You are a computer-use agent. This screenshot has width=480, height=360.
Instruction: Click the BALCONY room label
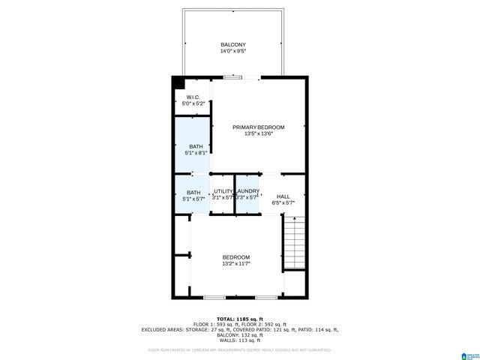tap(232, 45)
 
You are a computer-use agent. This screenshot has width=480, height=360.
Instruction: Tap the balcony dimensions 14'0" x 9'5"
tap(232, 52)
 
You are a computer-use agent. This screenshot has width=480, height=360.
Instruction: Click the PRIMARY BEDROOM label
tap(258, 127)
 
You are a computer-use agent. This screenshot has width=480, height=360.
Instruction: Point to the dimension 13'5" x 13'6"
tap(258, 134)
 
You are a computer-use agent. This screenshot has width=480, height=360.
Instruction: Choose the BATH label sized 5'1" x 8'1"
tap(195, 146)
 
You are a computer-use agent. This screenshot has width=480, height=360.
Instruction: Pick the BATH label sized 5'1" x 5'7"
tap(193, 192)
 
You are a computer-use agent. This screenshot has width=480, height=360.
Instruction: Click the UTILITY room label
tap(223, 192)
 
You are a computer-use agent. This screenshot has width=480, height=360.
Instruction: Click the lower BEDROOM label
tap(235, 257)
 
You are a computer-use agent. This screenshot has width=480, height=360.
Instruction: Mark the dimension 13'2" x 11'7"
tap(235, 264)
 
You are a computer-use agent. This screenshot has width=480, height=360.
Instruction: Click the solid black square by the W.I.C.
tap(178, 82)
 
